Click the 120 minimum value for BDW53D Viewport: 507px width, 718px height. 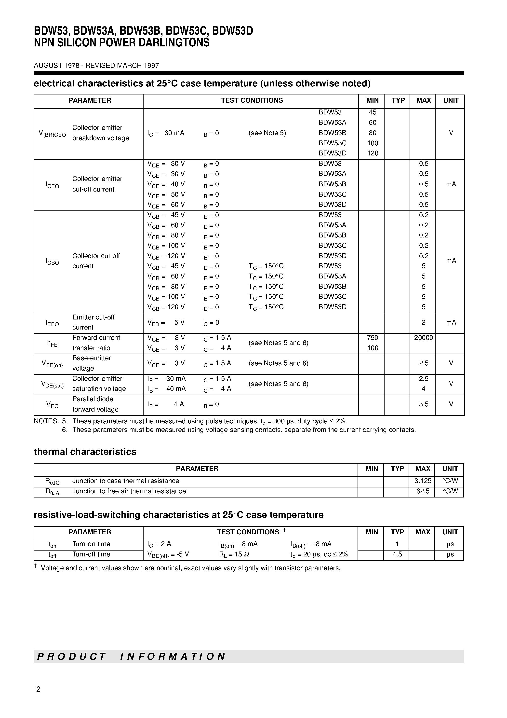[x=372, y=153]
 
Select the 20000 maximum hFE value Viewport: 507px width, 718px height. [x=423, y=338]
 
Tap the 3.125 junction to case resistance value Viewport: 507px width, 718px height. [x=423, y=481]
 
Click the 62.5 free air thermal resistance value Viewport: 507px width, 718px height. [x=423, y=491]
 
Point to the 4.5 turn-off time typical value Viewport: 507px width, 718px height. [x=397, y=554]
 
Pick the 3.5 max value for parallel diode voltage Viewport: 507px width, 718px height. [x=423, y=404]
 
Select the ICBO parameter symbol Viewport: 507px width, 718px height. [x=52, y=262]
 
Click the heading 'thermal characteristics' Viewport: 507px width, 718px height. [x=85, y=452]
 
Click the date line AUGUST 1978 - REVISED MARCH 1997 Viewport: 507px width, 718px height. [x=96, y=65]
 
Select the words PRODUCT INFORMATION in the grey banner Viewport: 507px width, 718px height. [x=131, y=656]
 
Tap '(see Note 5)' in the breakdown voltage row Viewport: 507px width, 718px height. [x=267, y=133]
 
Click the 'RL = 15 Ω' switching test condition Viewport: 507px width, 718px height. [x=234, y=554]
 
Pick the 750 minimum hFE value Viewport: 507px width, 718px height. [x=372, y=338]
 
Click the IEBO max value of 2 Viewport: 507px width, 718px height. [x=423, y=322]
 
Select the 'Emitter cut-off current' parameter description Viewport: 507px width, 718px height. [x=93, y=322]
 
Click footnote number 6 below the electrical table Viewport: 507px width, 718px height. [x=65, y=430]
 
